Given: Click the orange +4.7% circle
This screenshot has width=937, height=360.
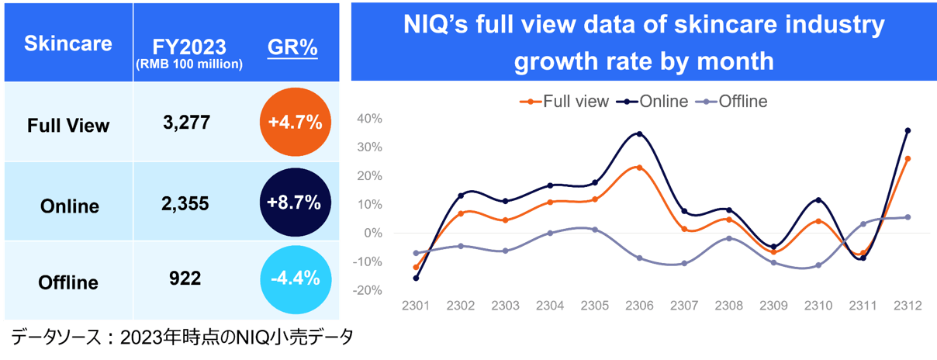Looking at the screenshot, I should (x=294, y=124).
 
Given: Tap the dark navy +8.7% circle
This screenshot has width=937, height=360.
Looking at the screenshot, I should (x=294, y=203).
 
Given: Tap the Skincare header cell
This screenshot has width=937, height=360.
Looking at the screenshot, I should (x=68, y=43).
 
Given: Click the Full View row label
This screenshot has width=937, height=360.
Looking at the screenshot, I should (x=68, y=125).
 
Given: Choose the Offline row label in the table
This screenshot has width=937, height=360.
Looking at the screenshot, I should (x=68, y=283).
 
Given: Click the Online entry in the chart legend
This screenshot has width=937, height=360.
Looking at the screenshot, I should (x=659, y=102).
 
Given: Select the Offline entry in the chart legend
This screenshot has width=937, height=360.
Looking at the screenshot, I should (x=738, y=102).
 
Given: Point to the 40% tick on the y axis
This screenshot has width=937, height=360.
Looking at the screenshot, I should (x=369, y=119).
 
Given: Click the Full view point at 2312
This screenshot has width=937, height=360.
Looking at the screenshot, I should (x=908, y=158).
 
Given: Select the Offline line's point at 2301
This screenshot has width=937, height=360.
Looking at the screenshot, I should (x=416, y=253).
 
